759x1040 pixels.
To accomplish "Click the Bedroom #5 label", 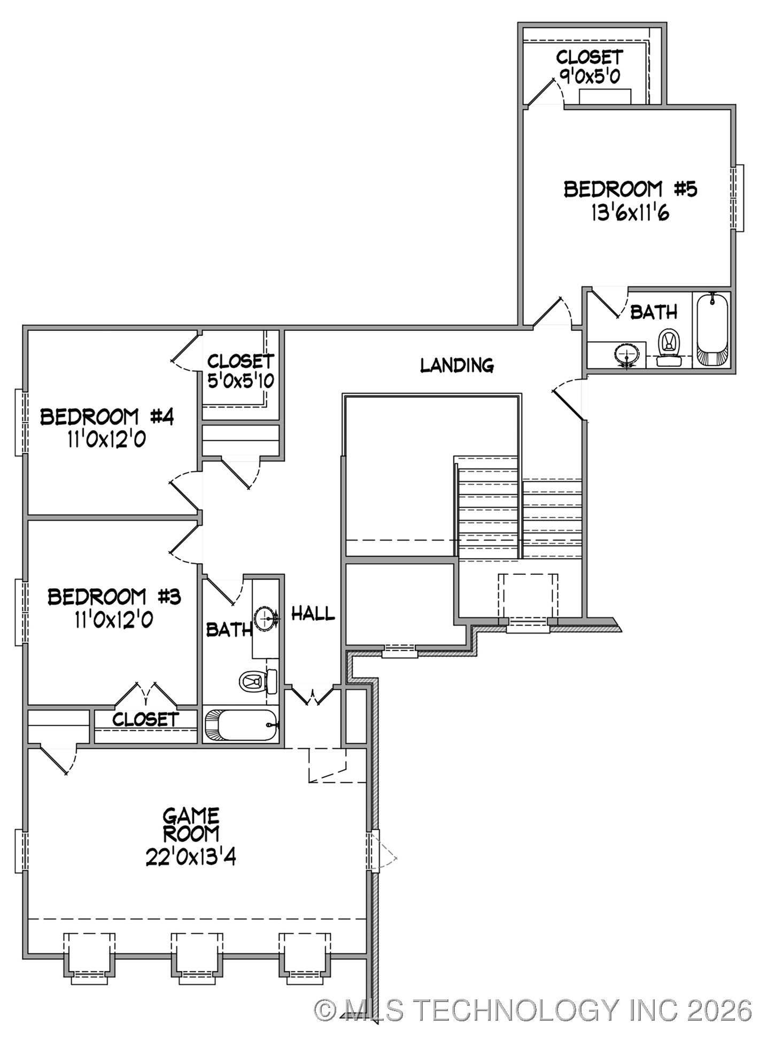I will click(x=630, y=189).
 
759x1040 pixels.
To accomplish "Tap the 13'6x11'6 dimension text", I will click(x=630, y=213).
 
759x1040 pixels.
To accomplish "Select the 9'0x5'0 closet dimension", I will click(x=590, y=75).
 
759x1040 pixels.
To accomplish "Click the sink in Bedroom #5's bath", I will click(x=627, y=355).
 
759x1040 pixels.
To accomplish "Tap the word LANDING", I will click(x=456, y=365).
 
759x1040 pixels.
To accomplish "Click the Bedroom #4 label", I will click(x=107, y=417).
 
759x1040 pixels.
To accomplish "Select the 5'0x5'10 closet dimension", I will click(x=241, y=381).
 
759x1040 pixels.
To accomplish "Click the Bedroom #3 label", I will click(x=114, y=596).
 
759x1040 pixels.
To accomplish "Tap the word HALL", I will click(x=313, y=614).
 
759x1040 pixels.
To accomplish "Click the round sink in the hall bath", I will click(x=266, y=619).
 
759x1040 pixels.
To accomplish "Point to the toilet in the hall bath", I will click(x=257, y=681).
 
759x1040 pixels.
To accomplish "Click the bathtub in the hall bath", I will click(x=241, y=725).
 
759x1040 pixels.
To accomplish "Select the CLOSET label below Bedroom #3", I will click(x=145, y=719).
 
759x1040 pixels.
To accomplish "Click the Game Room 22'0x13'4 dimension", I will click(x=191, y=858).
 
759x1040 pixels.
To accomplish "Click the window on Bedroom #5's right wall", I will click(x=739, y=198).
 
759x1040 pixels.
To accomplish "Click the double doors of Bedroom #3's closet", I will click(x=145, y=694).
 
